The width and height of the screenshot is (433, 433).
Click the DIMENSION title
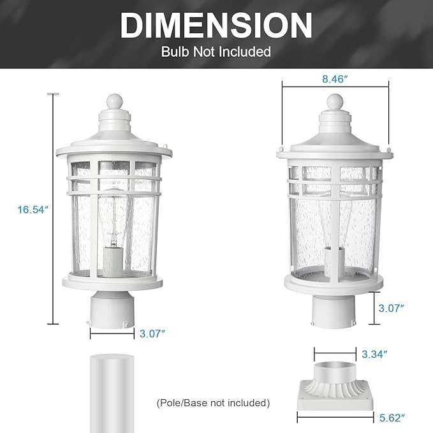[216, 26]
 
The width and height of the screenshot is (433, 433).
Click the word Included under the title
[246, 52]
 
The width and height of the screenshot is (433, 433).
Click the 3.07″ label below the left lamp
[152, 333]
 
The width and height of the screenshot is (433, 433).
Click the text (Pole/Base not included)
[213, 402]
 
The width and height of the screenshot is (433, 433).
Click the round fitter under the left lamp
[112, 307]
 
